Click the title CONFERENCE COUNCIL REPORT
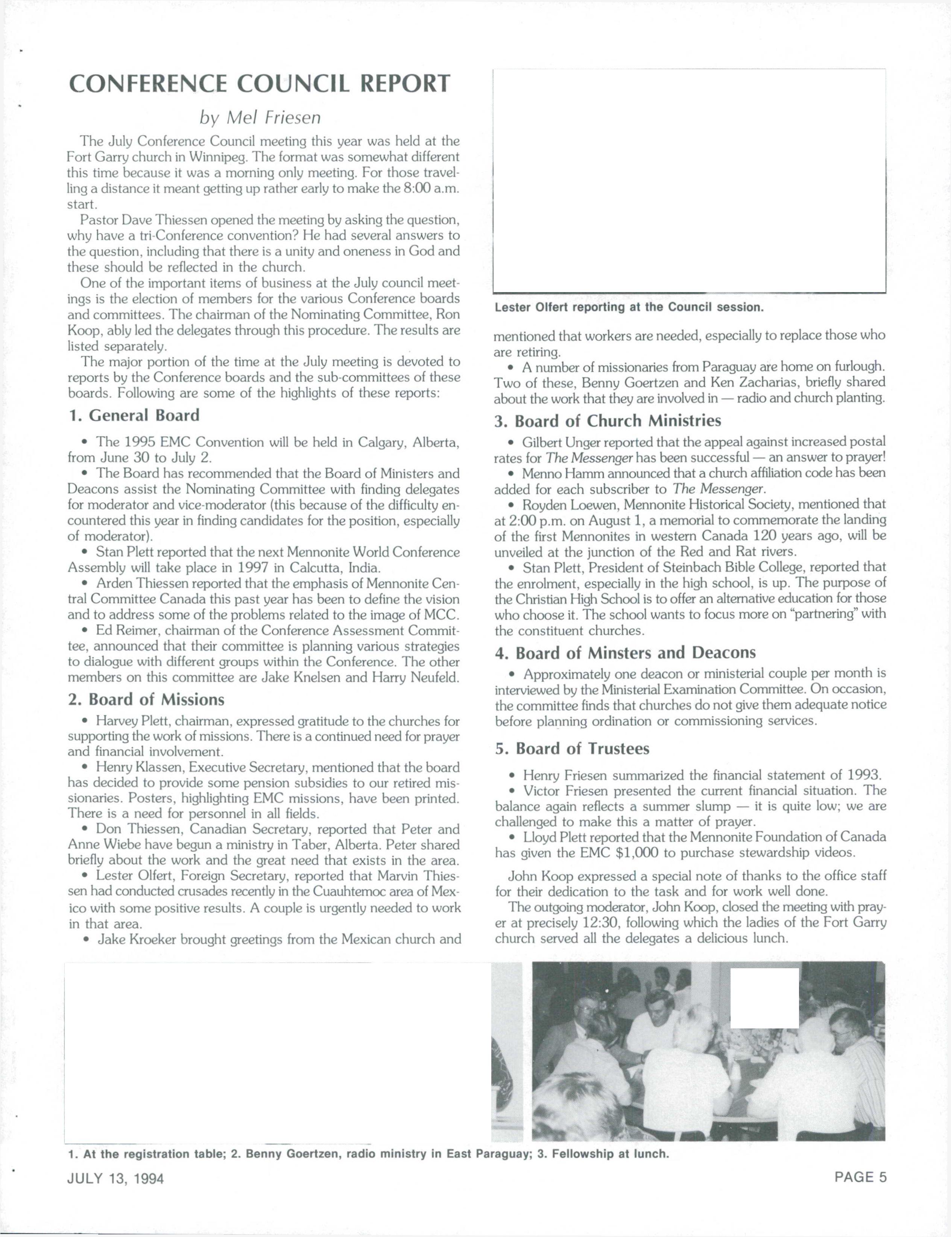click(x=259, y=84)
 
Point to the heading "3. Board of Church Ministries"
click(x=608, y=421)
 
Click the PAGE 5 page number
click(x=860, y=1177)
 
